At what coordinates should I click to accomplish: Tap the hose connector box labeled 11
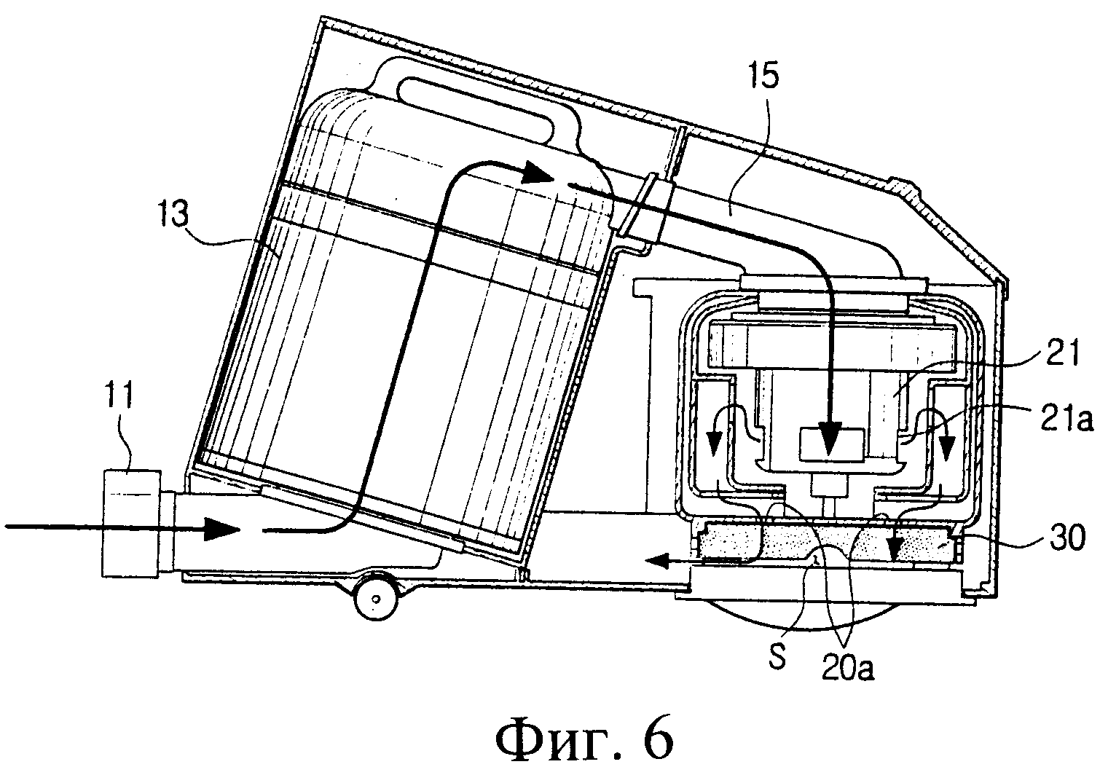[132, 522]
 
